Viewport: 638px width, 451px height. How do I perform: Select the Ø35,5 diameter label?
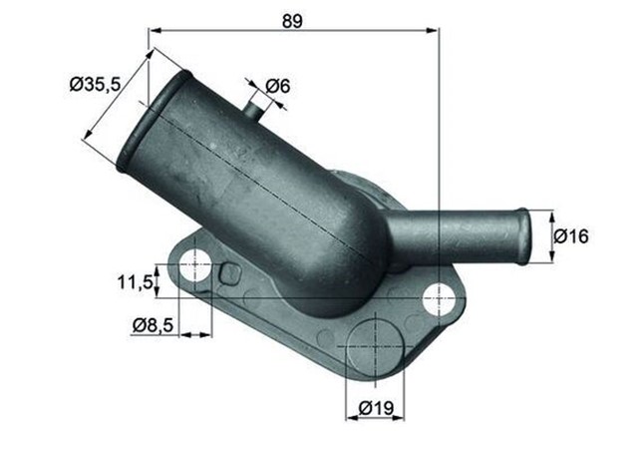click(x=96, y=86)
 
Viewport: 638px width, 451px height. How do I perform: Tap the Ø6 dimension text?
click(x=278, y=86)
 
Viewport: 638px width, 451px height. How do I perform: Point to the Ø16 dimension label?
click(x=571, y=236)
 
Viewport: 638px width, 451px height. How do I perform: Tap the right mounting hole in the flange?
click(x=438, y=296)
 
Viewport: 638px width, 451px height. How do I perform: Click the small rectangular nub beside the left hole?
click(x=229, y=272)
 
